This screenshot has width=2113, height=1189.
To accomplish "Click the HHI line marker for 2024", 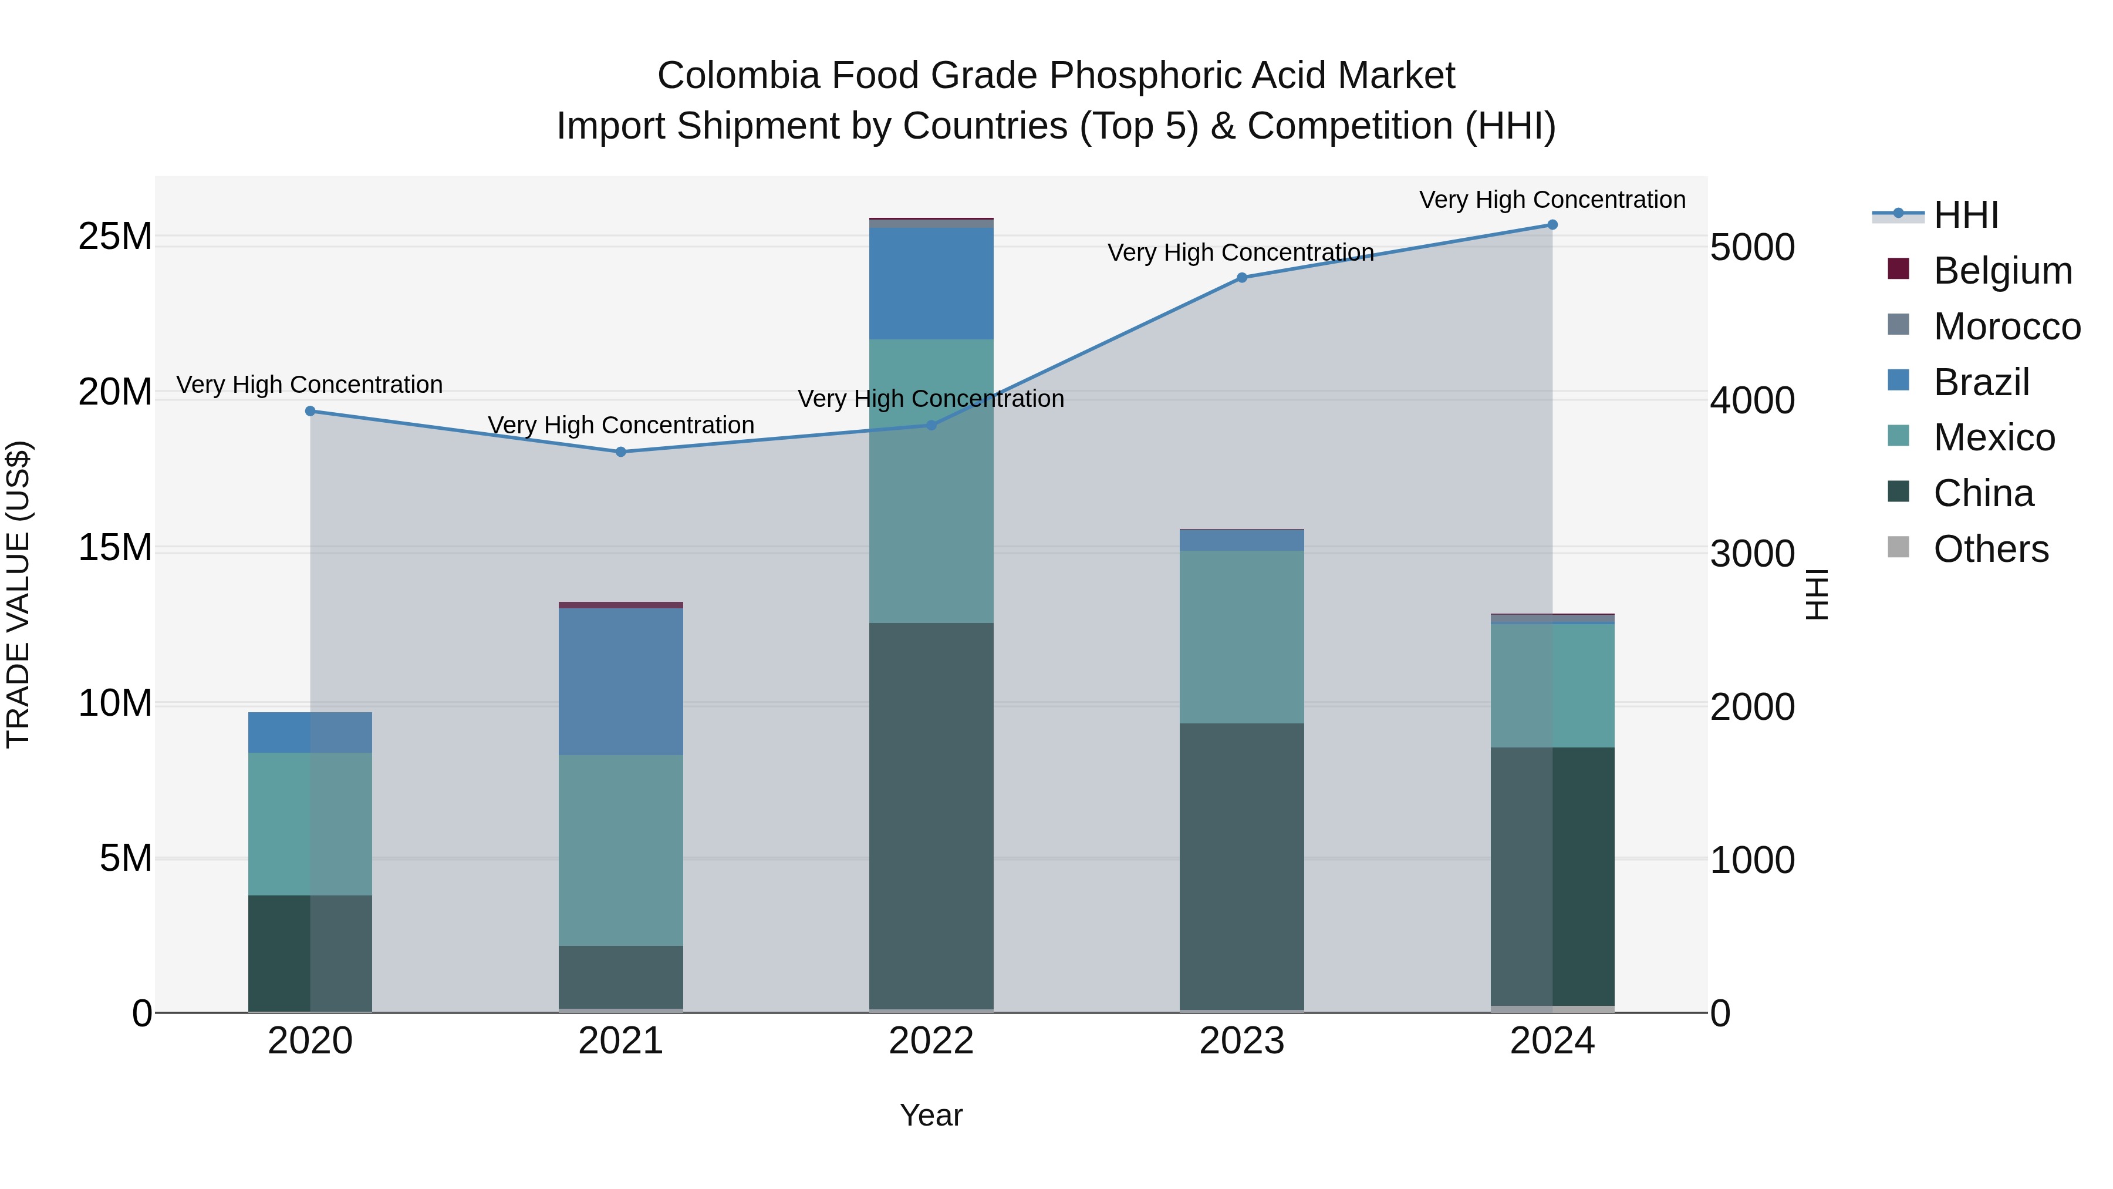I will pyautogui.click(x=1552, y=225).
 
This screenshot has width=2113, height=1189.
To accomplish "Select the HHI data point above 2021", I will pyautogui.click(x=621, y=452).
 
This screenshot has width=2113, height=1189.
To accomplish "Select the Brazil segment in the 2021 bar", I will pyautogui.click(x=621, y=681).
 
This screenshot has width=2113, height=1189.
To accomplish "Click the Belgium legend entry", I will pyautogui.click(x=2001, y=271).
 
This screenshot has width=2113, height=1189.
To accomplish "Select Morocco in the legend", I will pyautogui.click(x=2006, y=326).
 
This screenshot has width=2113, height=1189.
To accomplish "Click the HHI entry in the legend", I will pyautogui.click(x=1965, y=215).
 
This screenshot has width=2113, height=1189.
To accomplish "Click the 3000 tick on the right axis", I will pyautogui.click(x=1752, y=554).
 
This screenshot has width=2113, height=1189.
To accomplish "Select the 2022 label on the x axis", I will pyautogui.click(x=931, y=1041).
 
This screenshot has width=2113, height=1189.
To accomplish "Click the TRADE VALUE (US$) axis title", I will pyautogui.click(x=18, y=594).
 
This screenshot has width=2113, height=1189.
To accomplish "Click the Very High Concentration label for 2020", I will pyautogui.click(x=309, y=385).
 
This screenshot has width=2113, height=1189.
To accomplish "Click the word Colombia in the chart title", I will pyautogui.click(x=738, y=76).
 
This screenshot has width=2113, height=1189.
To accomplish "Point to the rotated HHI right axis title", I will pyautogui.click(x=1818, y=594).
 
